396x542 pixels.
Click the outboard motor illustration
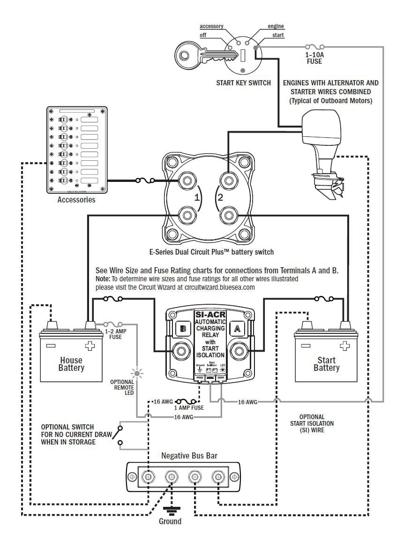(x=323, y=150)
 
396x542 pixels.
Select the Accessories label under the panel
(x=76, y=200)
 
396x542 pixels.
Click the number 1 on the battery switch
(x=197, y=197)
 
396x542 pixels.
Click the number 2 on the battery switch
(x=220, y=197)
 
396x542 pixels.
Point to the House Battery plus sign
(x=89, y=346)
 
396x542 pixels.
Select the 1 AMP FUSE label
(x=186, y=408)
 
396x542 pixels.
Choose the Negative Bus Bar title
(x=189, y=455)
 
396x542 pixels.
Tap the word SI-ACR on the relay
(x=210, y=314)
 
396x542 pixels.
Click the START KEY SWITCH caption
(x=243, y=83)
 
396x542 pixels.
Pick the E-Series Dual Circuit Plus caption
(x=211, y=252)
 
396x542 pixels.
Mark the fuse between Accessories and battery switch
(x=143, y=180)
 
